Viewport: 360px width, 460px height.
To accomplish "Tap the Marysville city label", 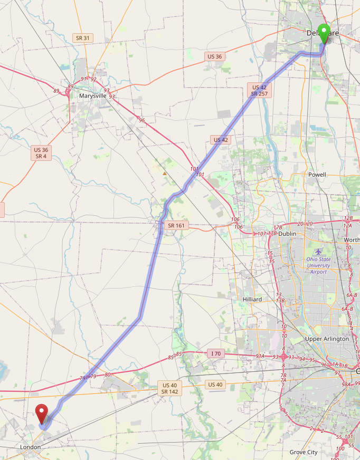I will pos(92,96).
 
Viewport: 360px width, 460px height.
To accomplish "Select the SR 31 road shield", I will pos(83,38).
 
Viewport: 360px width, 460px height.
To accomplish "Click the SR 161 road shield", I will pos(176,226).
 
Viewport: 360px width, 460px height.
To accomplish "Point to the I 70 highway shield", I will pos(215,353).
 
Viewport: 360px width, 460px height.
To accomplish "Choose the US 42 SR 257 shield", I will pos(259,90).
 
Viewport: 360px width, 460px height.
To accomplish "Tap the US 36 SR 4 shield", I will pos(41,153).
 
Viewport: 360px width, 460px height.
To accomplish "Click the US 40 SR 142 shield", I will pos(169,388).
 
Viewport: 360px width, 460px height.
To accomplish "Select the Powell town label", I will pos(317,175).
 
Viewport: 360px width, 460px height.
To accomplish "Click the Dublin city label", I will pos(288,234).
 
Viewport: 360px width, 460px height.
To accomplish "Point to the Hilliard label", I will pos(252,299).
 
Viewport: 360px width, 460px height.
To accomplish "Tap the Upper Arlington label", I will pos(327,339).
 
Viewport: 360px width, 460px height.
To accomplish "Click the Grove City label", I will pos(304,452).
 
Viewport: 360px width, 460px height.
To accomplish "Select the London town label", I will pos(30,447).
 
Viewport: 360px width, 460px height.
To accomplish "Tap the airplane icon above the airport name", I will pos(318,251).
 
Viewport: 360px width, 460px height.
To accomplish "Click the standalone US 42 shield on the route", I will pos(221,140).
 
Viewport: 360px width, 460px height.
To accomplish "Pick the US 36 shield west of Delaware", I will pos(215,56).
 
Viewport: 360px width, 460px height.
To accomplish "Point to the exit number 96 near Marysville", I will pos(141,120).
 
